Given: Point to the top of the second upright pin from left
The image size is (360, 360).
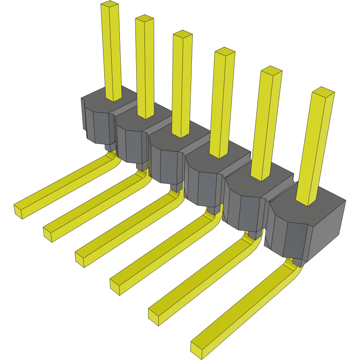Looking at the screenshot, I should click(x=144, y=19).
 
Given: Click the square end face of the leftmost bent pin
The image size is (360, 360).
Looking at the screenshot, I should click(x=18, y=211).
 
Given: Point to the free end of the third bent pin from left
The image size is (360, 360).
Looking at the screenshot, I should click(x=80, y=259).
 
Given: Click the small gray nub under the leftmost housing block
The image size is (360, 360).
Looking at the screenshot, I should click(x=110, y=147).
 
